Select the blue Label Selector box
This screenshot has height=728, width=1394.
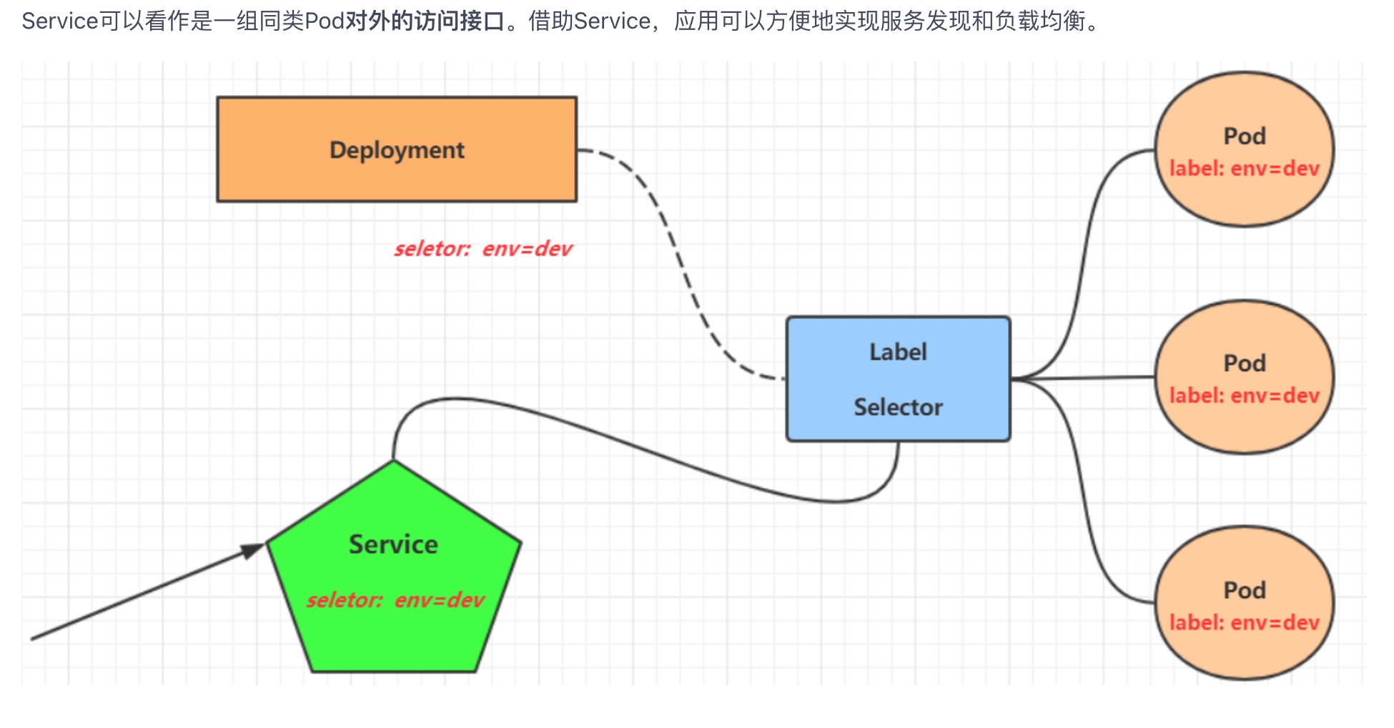point(898,379)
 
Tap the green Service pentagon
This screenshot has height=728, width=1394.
point(393,636)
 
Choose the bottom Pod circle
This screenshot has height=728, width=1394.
point(1244,651)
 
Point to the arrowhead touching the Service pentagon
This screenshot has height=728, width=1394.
point(253,550)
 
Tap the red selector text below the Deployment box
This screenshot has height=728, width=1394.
point(483,249)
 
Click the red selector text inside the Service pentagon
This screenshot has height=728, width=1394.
point(395,599)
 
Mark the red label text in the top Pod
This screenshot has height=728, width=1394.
point(1244,169)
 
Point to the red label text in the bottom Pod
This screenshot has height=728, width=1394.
point(1244,623)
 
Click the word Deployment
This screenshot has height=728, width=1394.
point(397,150)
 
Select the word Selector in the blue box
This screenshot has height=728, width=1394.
point(898,407)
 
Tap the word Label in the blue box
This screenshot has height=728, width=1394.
point(898,352)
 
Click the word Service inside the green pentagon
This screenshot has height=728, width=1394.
point(393,544)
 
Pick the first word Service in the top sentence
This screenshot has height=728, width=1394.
point(59,21)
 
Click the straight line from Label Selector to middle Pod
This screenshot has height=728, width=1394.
point(1083,378)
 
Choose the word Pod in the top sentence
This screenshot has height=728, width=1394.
point(325,21)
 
